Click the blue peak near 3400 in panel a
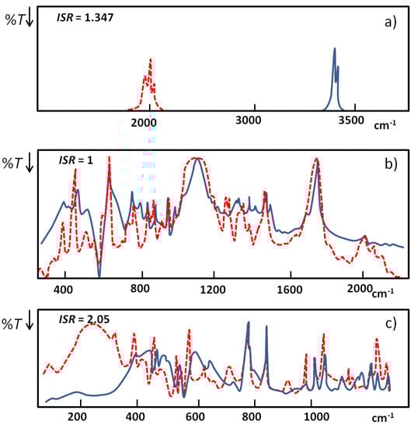(334, 51)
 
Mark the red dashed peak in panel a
(150, 61)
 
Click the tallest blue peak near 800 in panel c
(248, 323)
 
